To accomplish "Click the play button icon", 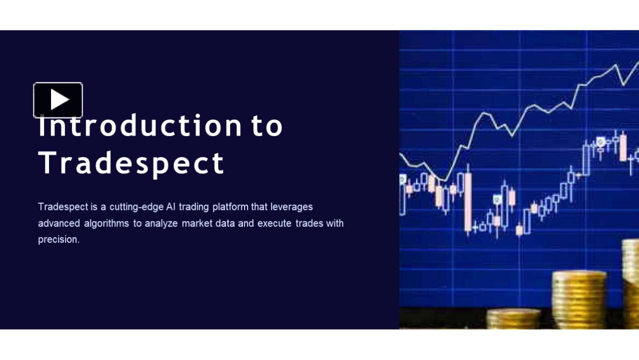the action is coord(58,100).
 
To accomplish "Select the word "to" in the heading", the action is coord(267,126).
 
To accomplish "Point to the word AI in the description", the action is coord(170,206).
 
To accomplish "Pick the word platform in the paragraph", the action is coord(230,206).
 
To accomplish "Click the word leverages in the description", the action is coord(291,207).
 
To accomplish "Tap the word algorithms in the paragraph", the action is coord(106,223).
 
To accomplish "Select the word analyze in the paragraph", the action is coord(161,223).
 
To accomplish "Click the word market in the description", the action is coord(197,223).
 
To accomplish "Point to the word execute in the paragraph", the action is coord(274,223).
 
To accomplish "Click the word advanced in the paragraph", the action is coord(59,223).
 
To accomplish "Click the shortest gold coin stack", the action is coord(513,318).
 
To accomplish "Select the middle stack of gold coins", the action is coord(579,299).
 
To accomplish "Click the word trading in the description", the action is coord(194,207).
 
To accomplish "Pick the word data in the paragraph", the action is coord(225,223).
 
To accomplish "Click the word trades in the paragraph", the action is coord(309,223).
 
